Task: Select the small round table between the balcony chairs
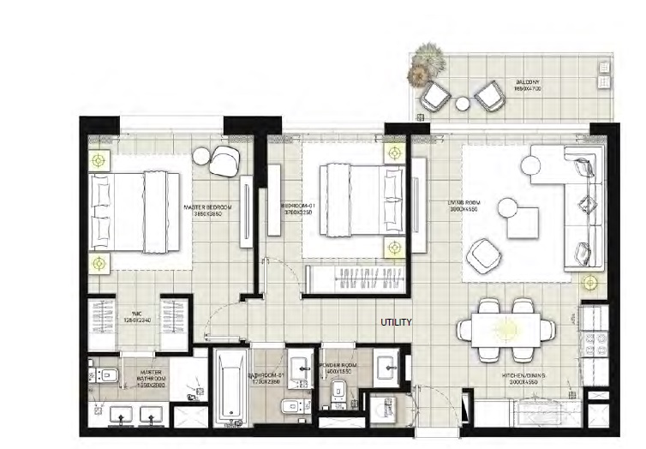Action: tap(463, 103)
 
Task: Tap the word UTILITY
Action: tap(397, 323)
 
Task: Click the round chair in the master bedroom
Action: tap(226, 158)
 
